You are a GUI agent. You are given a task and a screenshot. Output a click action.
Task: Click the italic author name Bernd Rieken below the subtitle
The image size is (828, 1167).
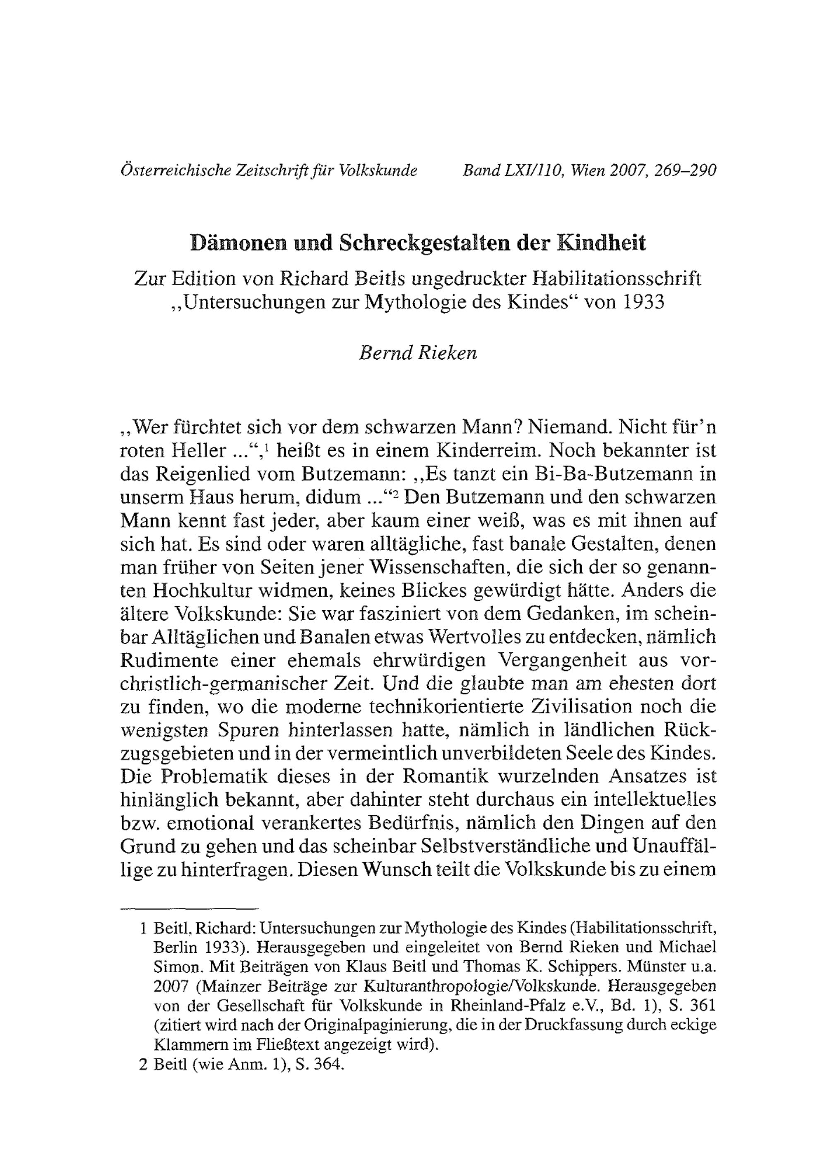[x=418, y=353]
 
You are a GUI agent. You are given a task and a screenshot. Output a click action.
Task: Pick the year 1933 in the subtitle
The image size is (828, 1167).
[x=643, y=302]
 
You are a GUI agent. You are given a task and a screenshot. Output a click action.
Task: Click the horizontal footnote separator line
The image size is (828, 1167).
[x=190, y=909]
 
